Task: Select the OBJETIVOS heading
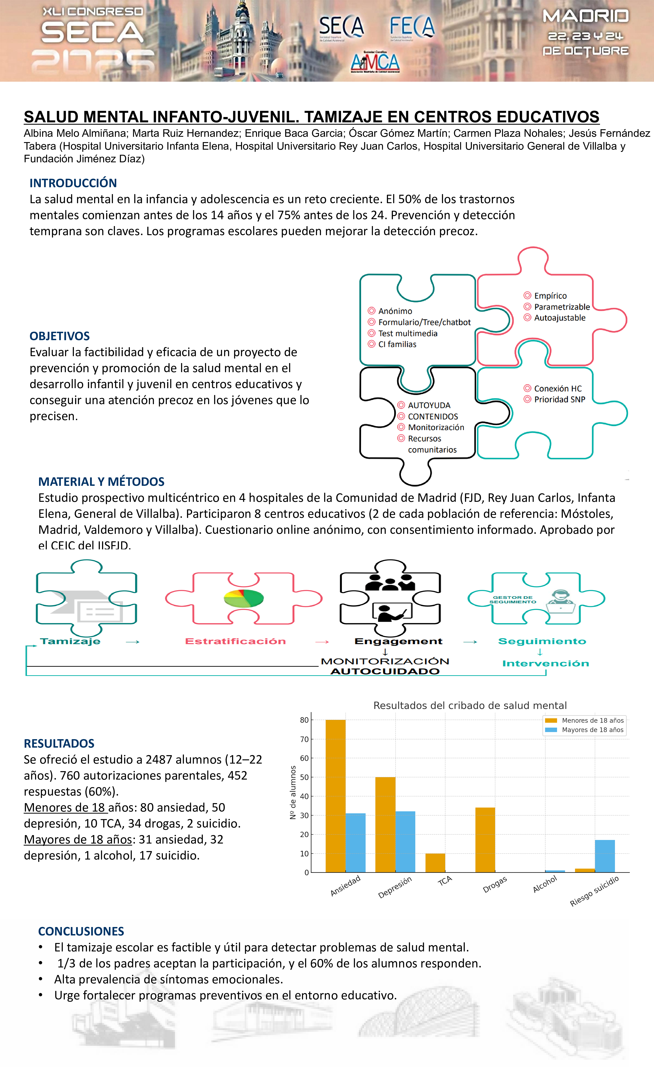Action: tap(59, 336)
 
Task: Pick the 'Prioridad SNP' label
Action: tap(559, 399)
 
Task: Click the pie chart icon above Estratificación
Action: tap(243, 598)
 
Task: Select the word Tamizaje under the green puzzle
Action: tap(70, 641)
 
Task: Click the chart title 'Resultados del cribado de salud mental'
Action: tap(470, 706)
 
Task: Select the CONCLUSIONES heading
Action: tap(81, 931)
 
